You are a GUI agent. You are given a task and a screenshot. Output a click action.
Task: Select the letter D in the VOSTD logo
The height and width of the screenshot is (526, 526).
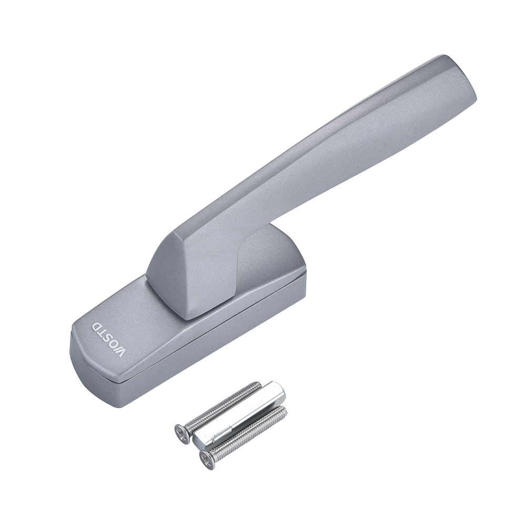pos(97,327)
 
